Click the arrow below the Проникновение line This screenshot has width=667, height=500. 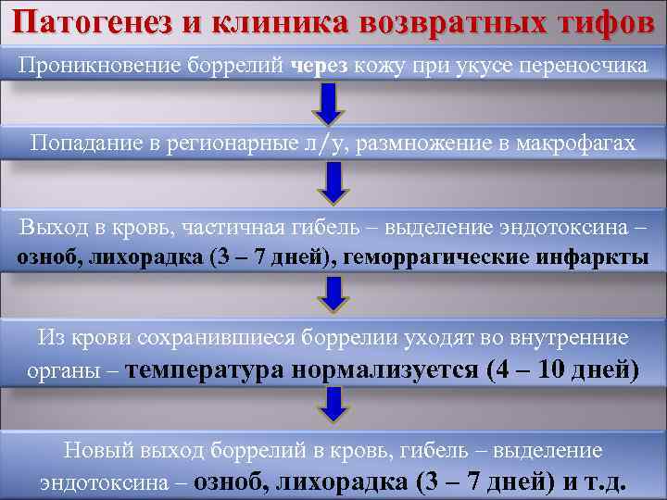tap(330, 102)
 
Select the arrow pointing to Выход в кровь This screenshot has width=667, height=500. tap(333, 183)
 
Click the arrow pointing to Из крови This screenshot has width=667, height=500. tap(333, 294)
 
